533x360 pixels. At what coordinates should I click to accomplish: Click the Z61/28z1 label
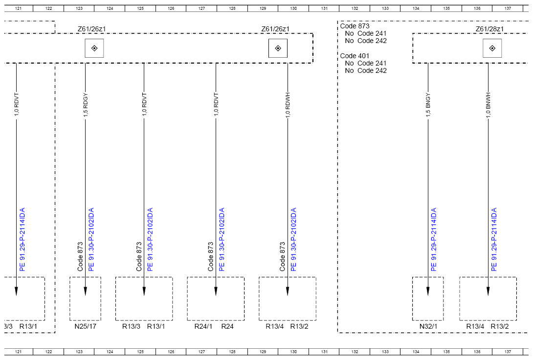point(489,29)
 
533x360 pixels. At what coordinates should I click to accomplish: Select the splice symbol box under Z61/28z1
point(492,48)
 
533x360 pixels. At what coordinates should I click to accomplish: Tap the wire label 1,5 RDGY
point(85,105)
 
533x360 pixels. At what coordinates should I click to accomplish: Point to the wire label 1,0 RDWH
point(288,105)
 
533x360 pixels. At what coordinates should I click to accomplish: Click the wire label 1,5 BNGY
point(428,105)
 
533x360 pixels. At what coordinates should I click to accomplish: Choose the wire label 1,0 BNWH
point(488,105)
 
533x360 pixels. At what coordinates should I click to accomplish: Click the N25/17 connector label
point(85,326)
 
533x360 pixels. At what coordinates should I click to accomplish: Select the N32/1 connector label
point(428,326)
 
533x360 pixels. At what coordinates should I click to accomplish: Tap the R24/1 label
point(203,326)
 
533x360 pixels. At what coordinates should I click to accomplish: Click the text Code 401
point(355,56)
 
